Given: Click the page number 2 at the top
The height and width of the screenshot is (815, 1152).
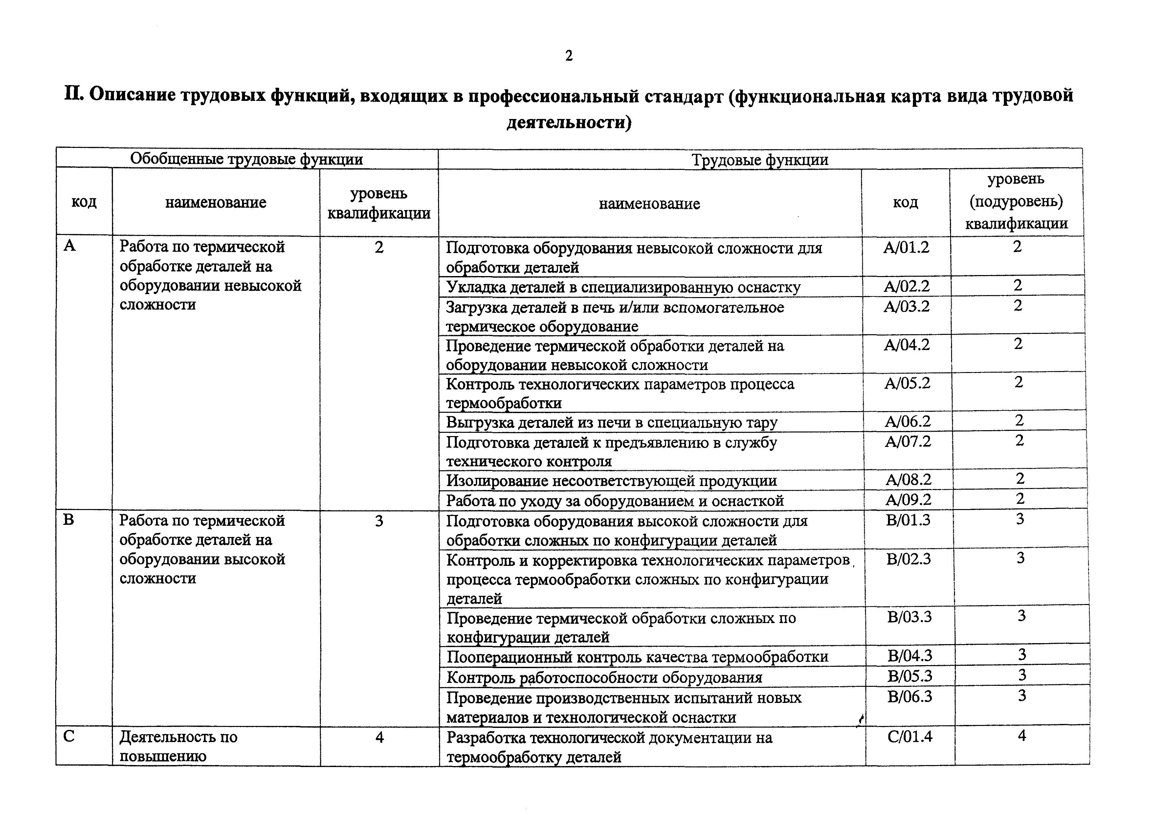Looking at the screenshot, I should point(568,56).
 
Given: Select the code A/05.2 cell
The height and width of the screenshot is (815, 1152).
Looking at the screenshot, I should point(907,383).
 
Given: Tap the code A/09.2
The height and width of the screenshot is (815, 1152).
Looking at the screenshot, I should point(908,500).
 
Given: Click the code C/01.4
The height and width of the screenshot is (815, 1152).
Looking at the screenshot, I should point(910,737).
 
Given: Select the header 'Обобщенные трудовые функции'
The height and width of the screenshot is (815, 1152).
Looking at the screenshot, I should point(246,159).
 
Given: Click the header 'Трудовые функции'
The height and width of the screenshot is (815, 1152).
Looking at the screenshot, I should point(760,160).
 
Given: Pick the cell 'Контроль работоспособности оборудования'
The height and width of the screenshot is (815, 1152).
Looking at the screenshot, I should point(604,677).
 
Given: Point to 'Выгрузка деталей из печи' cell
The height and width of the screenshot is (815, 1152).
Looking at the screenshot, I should point(611,422).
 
